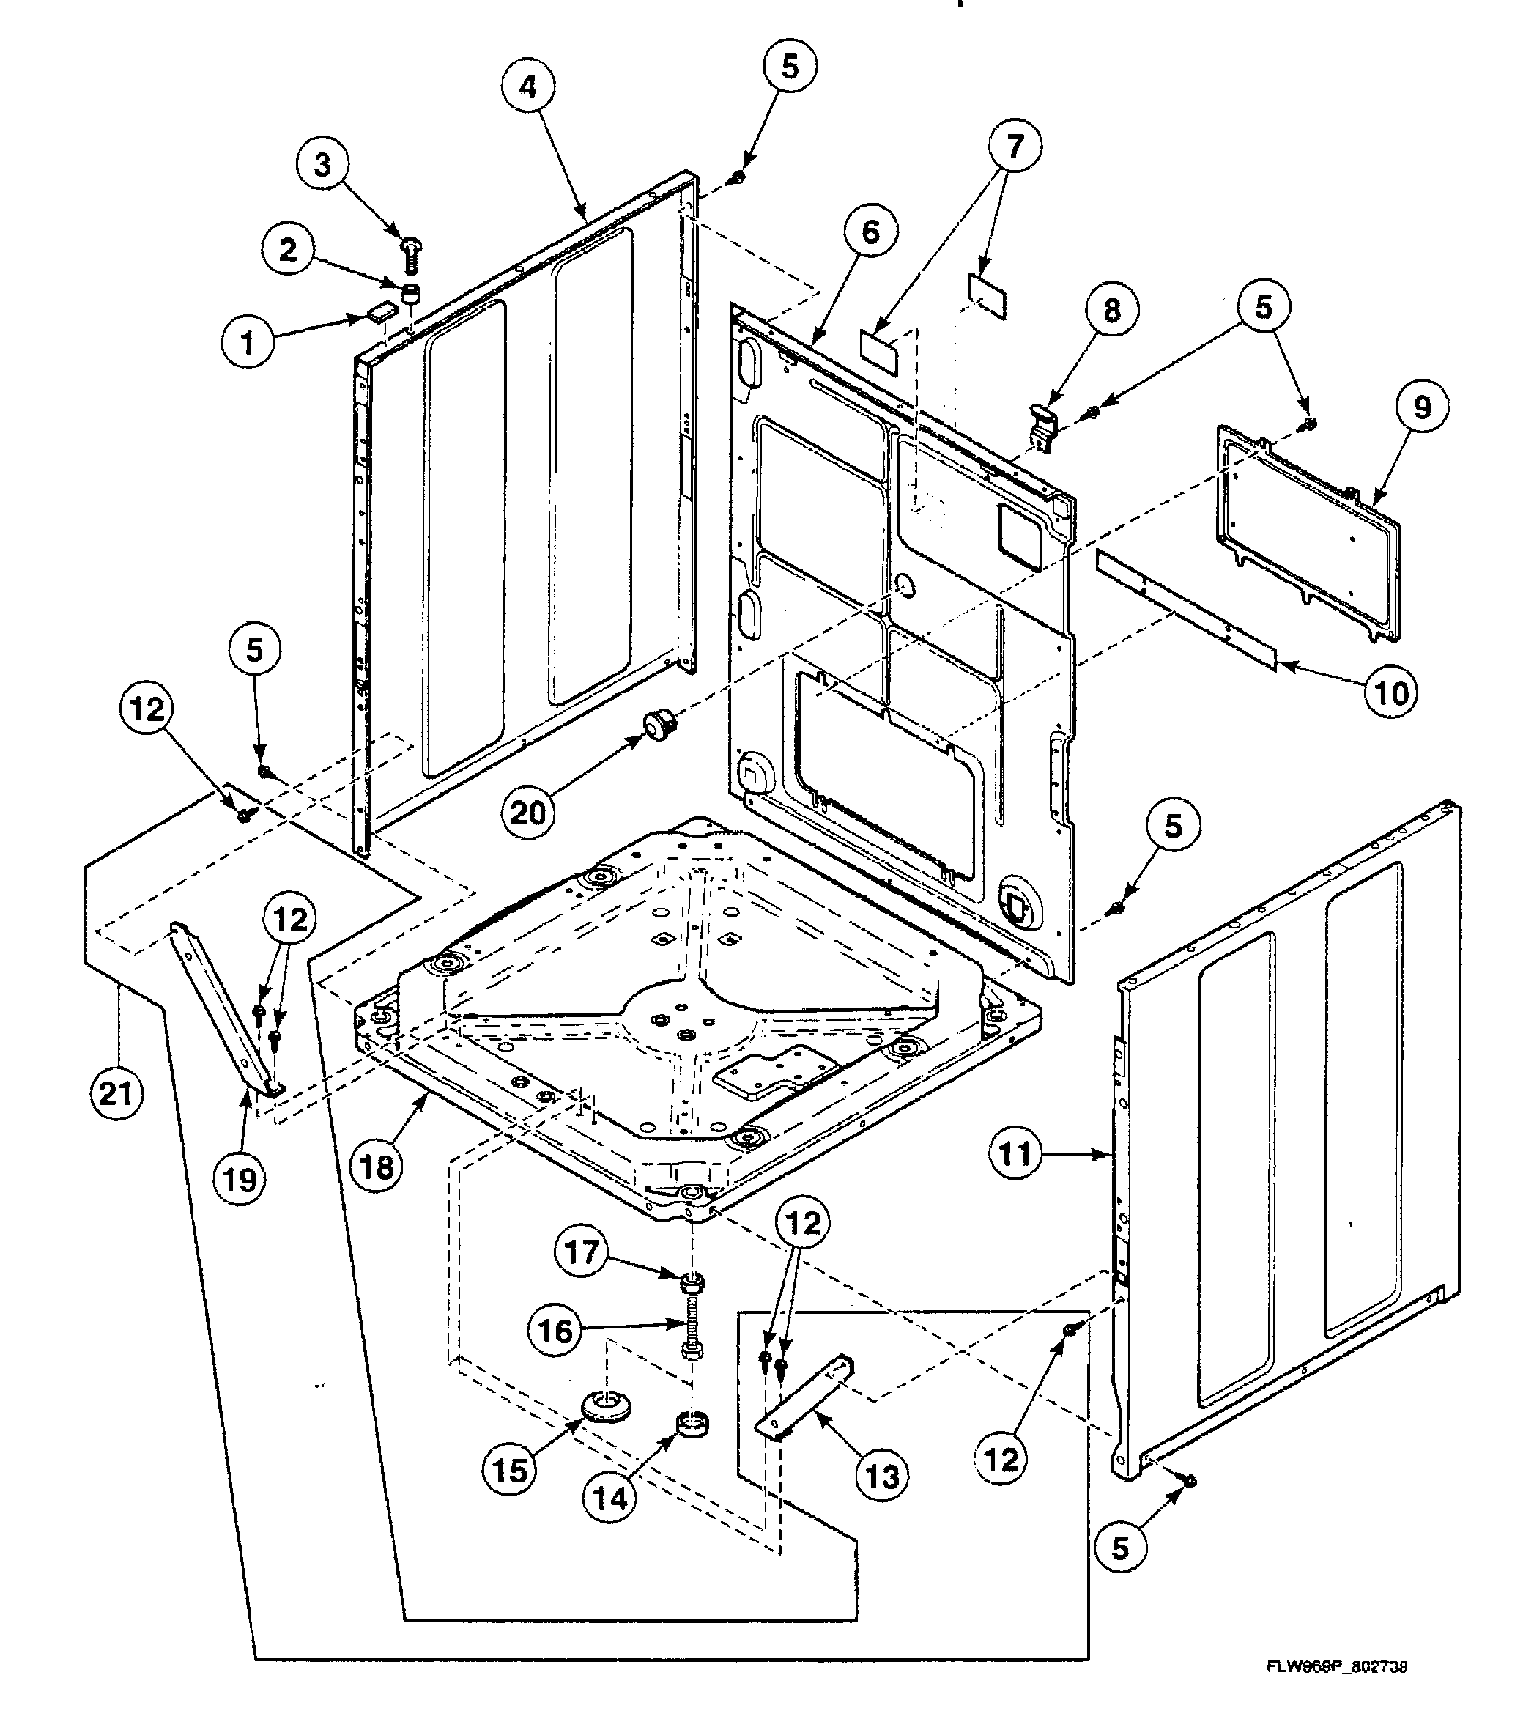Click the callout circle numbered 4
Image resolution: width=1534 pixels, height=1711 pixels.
[527, 86]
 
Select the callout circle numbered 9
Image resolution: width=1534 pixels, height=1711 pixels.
[1421, 408]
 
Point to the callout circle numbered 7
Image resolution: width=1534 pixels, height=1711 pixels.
[1014, 147]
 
